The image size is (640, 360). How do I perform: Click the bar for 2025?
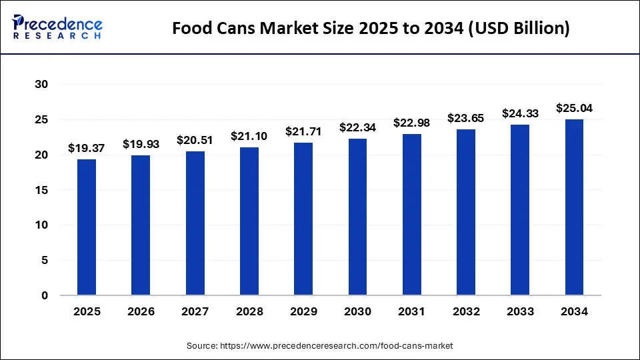87,227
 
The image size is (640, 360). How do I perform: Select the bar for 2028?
249,221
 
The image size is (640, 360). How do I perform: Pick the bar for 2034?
575,207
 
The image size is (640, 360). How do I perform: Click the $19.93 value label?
141,144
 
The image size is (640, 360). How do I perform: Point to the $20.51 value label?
195,140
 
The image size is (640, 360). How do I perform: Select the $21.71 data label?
303,131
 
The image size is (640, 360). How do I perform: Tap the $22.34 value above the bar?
357,127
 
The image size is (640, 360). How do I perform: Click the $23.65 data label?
466,118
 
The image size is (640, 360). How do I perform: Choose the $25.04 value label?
575,108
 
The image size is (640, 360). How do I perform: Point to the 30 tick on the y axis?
42,85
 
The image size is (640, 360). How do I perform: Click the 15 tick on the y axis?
42,190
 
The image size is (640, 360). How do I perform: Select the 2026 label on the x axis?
141,311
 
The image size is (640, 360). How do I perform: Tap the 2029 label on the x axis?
303,311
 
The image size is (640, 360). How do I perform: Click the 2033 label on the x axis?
520,311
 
